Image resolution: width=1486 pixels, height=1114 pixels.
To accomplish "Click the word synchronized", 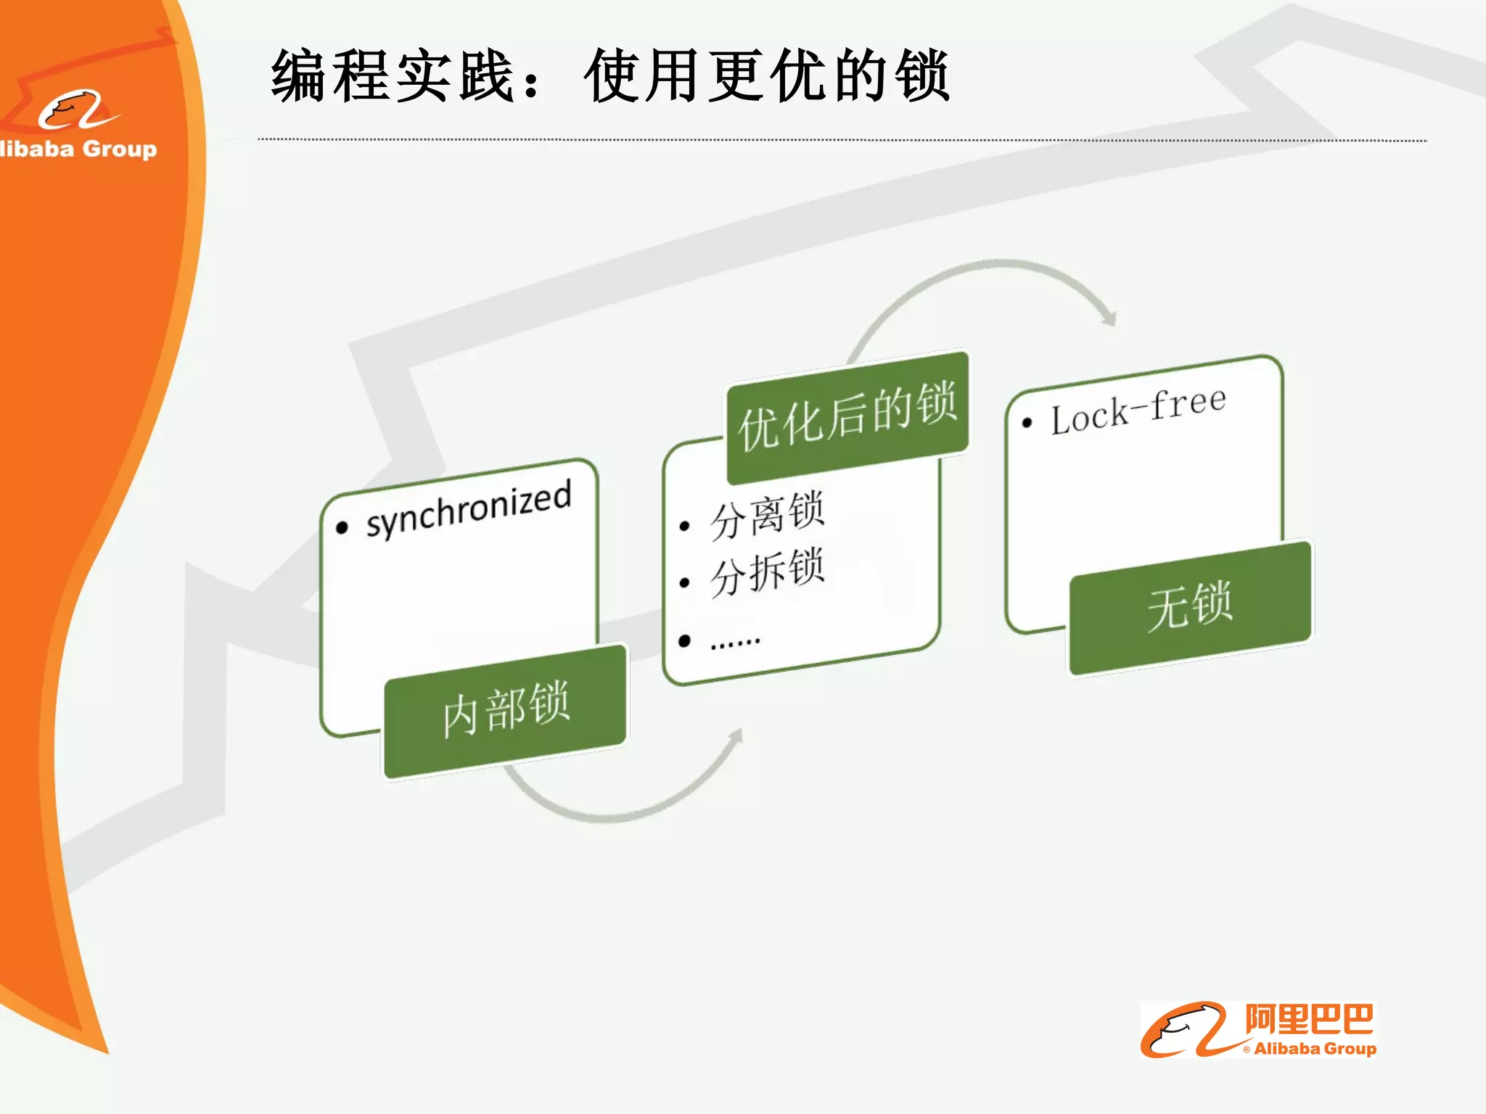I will [469, 508].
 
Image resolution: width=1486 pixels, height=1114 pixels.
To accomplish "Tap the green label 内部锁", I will [506, 710].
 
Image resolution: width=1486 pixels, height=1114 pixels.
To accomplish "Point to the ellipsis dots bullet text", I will [735, 641].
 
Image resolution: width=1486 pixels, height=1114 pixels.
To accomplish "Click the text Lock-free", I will [1138, 410].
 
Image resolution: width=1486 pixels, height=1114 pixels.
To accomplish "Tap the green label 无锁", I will [1190, 606].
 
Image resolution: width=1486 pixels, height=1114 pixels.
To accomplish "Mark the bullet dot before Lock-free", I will [1027, 423].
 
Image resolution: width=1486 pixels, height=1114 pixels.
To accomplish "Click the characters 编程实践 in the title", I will [392, 75].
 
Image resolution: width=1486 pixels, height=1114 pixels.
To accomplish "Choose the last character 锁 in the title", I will [921, 75].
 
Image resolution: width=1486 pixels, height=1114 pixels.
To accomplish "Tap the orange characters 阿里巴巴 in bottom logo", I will [1309, 1020].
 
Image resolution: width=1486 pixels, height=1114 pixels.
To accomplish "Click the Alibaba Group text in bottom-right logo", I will [1315, 1049].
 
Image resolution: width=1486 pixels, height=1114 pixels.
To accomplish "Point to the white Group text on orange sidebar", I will [120, 149].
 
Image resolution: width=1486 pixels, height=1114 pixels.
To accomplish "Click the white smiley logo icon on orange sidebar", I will [76, 110].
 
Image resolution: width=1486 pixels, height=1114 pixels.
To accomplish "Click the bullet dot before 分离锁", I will [684, 527].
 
